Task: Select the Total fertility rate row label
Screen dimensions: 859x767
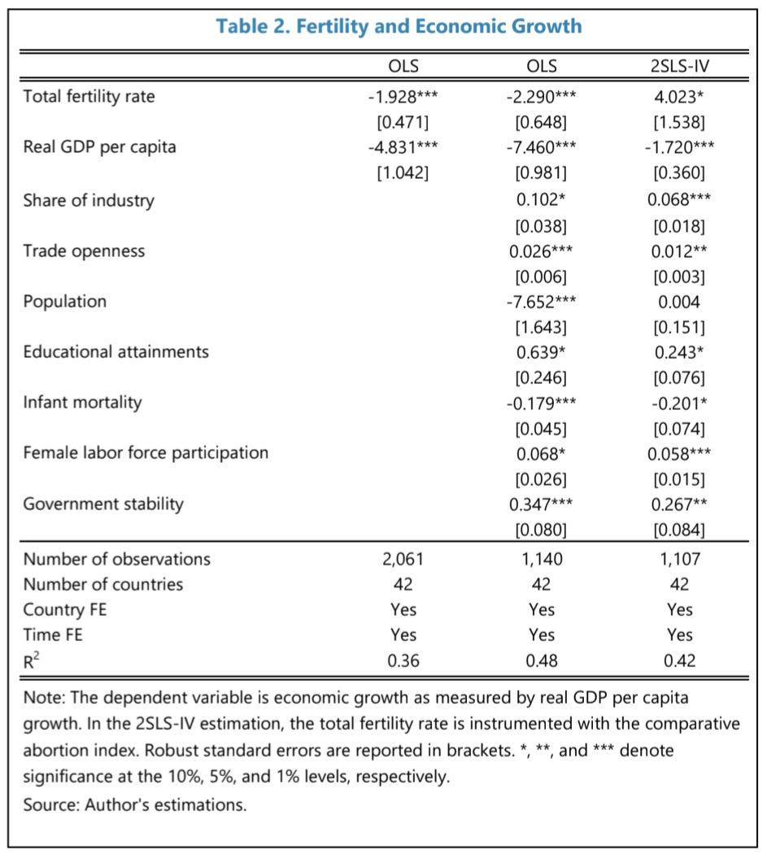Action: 89,97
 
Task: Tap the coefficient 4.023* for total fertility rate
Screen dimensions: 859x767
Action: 679,97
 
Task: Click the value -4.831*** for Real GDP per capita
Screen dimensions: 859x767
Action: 403,147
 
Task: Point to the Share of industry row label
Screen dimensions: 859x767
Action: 89,200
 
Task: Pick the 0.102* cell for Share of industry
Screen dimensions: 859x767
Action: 542,200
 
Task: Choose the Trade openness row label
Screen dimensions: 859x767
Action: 84,251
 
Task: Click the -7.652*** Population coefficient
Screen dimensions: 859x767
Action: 542,301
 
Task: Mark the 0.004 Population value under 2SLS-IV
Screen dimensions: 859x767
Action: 679,301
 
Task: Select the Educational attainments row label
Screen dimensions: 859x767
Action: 115,351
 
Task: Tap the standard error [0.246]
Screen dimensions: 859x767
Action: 542,377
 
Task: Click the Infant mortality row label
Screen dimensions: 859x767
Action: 82,402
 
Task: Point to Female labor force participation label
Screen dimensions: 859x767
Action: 146,452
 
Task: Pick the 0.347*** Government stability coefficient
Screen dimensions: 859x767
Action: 542,504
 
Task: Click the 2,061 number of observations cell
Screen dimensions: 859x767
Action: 403,559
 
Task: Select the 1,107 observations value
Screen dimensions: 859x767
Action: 679,559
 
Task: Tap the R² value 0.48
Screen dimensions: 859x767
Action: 542,661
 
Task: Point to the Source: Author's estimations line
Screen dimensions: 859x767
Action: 134,805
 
